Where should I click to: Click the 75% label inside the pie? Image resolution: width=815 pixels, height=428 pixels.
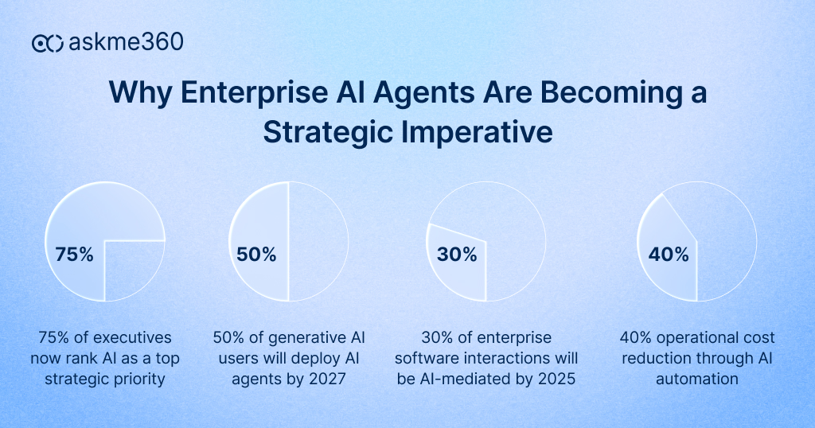coord(74,255)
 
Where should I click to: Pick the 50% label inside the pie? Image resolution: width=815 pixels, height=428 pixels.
coord(256,255)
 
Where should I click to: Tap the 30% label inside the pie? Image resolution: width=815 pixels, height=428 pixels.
coord(457,255)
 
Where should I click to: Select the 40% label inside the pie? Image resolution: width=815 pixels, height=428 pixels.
coord(669,255)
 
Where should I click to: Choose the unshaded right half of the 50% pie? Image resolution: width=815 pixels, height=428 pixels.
coord(318,242)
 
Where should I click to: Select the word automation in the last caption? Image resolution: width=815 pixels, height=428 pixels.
coord(696,379)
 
